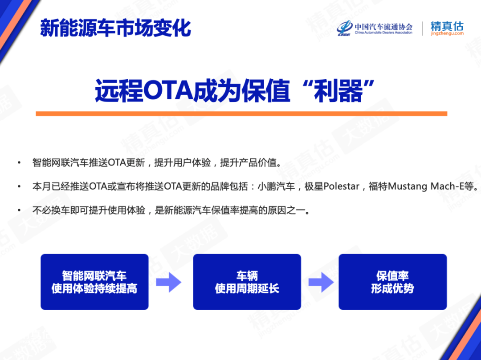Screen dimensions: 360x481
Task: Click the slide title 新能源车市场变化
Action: pos(115,28)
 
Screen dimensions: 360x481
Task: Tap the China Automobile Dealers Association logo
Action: pos(375,28)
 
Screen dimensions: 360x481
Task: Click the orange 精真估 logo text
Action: pos(447,25)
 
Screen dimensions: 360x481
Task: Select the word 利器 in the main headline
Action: pos(346,91)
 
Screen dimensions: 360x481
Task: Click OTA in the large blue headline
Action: pos(167,91)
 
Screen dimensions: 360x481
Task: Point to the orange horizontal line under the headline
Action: pos(241,113)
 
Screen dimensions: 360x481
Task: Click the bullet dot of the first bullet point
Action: pos(19,163)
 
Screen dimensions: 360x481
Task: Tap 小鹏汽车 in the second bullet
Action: pos(277,186)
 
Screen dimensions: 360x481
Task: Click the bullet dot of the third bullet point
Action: pos(19,210)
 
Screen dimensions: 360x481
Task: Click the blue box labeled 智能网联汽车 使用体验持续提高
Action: pos(94,282)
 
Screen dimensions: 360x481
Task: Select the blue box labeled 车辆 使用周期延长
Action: pos(247,282)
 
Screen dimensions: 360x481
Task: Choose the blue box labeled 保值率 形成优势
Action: pos(392,282)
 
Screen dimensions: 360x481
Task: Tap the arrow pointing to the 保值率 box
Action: pos(321,282)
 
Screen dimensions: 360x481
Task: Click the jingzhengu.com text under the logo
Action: pos(447,33)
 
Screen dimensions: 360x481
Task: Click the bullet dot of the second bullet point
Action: pos(19,187)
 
